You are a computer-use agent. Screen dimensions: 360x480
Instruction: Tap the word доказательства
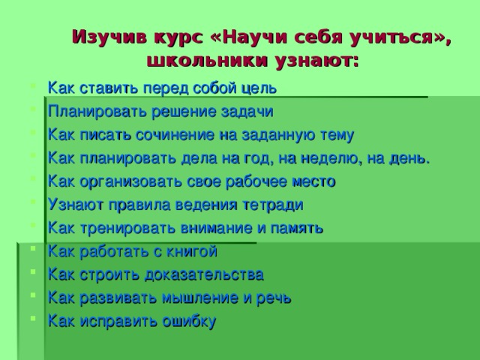tap(198, 274)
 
